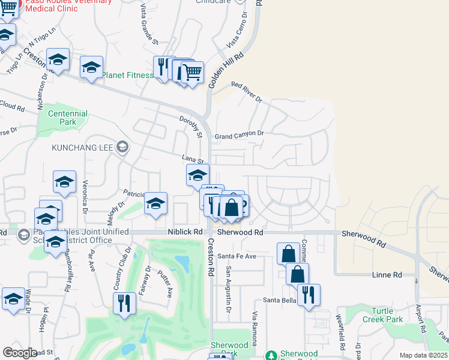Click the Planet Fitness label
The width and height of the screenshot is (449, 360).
point(127,76)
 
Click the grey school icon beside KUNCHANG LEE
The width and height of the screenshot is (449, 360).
point(122,147)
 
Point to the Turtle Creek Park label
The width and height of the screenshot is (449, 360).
point(391,315)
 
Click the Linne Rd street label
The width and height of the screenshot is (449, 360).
point(388,275)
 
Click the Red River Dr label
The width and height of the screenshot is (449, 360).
point(246,92)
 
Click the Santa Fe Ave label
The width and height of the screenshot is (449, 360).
point(237,256)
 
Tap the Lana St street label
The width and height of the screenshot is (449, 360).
point(194,158)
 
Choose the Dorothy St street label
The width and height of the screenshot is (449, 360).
point(190,126)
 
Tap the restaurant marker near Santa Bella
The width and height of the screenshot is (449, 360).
point(309,295)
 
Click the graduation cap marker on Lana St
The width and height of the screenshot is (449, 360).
point(197,175)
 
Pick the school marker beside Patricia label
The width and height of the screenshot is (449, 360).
point(155,203)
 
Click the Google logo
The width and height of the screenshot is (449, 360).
point(19,353)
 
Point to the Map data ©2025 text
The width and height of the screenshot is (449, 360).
point(423,355)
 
